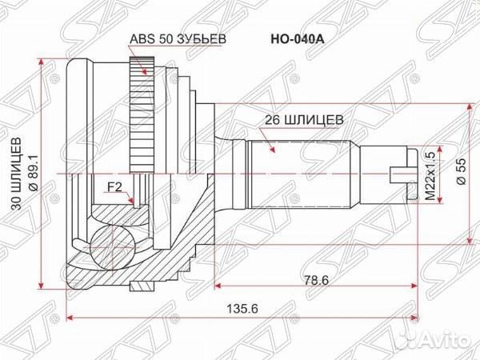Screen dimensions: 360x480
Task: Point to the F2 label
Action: click(x=114, y=190)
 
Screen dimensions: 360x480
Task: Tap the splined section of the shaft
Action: click(x=300, y=171)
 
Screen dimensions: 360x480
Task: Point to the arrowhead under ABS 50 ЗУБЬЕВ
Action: click(x=145, y=71)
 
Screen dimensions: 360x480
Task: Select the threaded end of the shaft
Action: click(x=384, y=172)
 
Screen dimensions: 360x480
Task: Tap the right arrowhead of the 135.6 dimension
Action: click(x=416, y=315)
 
